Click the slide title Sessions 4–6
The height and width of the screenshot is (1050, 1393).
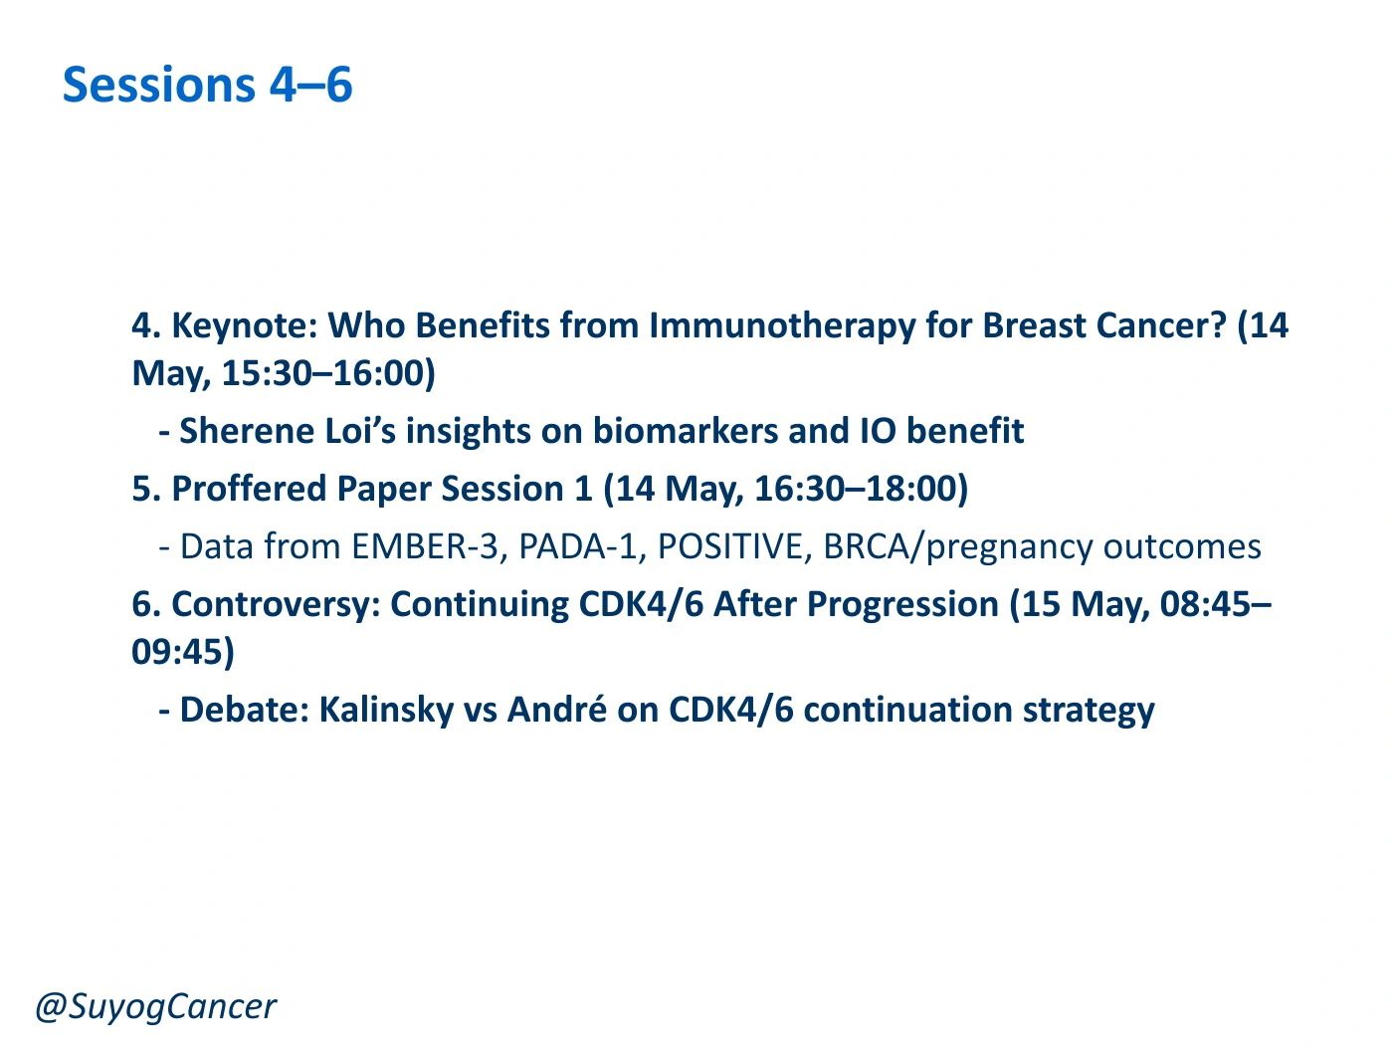click(x=207, y=85)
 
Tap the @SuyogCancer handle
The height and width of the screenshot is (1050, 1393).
click(x=155, y=1006)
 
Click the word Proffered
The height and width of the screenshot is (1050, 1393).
click(x=249, y=489)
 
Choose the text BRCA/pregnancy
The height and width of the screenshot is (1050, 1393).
click(x=957, y=547)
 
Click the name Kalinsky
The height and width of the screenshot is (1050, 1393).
click(x=386, y=710)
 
